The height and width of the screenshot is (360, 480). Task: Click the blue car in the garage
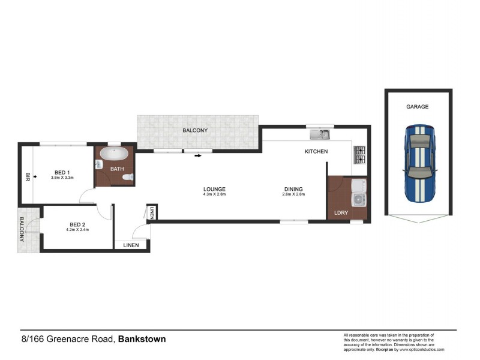[x=418, y=164]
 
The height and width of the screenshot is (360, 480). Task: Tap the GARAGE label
[x=418, y=107]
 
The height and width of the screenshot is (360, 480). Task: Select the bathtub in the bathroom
[x=113, y=155]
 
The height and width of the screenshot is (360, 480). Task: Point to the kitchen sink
[x=320, y=134]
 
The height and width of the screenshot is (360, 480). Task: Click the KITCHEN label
[x=316, y=152]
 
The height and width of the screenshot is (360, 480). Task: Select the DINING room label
[x=294, y=189]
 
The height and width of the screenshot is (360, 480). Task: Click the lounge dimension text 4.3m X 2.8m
[x=214, y=194]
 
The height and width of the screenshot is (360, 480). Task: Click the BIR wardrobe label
[x=27, y=177]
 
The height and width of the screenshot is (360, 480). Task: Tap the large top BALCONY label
[x=195, y=131]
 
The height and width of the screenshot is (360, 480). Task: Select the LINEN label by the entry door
[x=131, y=245]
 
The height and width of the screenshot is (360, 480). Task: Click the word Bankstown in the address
[x=142, y=339]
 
